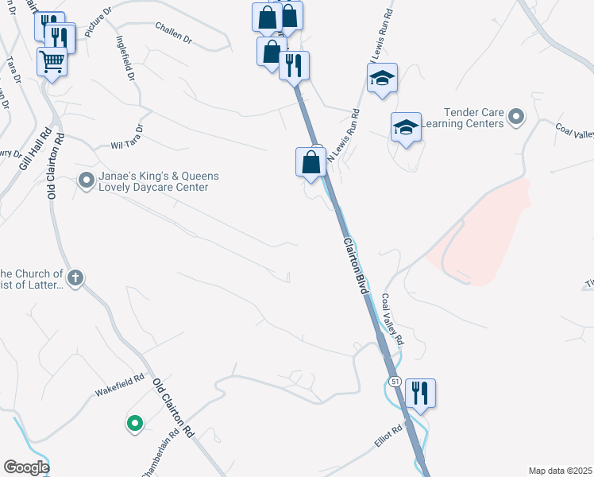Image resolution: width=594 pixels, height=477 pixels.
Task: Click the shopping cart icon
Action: (x=52, y=61)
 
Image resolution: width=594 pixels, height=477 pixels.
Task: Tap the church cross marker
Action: (x=75, y=277)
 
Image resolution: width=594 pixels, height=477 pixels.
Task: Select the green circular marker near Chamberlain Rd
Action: (x=134, y=422)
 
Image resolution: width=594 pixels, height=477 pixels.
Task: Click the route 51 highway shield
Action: (x=395, y=382)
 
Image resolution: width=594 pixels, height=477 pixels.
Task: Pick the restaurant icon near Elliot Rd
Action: (x=420, y=392)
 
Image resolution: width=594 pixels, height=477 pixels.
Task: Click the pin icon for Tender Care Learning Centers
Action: (x=516, y=118)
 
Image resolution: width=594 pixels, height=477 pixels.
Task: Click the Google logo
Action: (x=25, y=467)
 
